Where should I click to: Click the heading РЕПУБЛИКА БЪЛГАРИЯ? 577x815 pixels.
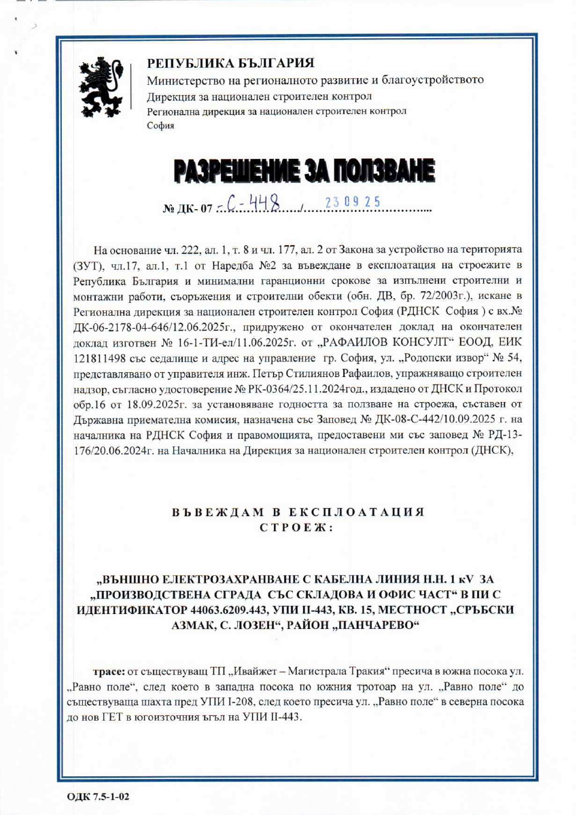pos(231,64)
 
